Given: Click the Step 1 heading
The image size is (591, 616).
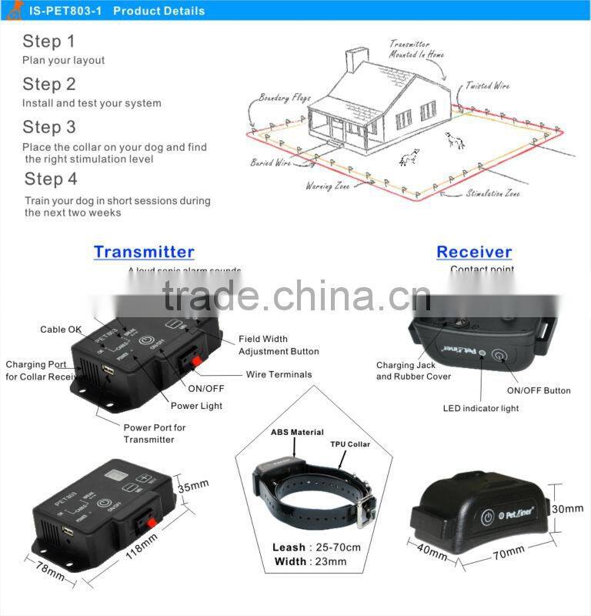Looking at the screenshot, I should (48, 41).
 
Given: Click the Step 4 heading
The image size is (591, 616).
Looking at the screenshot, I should (51, 179).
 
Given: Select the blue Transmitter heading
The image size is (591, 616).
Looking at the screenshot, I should (144, 252).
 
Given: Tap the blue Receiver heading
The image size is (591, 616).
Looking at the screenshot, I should (474, 252).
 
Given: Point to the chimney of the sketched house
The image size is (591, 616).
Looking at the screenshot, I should (356, 60).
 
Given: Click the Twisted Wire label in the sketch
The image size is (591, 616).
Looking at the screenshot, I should (487, 86).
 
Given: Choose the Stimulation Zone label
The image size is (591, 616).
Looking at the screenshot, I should (492, 193).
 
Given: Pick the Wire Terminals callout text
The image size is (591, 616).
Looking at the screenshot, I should (279, 374).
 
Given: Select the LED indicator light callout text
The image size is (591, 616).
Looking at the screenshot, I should (481, 408).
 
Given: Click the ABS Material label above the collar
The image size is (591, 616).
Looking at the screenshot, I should (297, 433).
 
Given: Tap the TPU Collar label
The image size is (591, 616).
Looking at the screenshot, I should (350, 444).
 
